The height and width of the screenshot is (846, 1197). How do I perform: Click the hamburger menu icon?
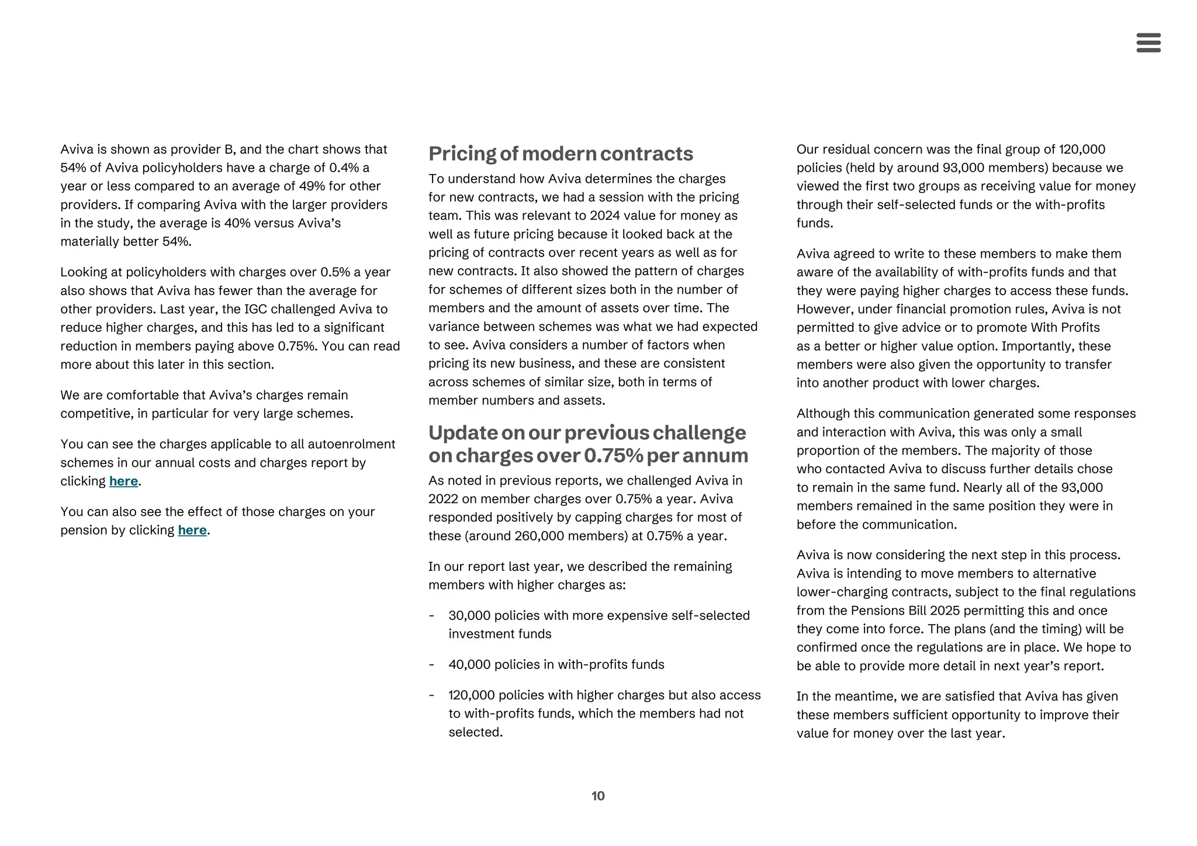[1148, 43]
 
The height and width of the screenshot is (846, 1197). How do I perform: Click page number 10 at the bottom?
[598, 796]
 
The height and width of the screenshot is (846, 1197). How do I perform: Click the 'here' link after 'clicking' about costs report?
[123, 481]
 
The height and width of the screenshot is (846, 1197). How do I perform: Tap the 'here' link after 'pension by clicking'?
[192, 531]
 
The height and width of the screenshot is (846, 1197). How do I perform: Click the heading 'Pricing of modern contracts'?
[561, 154]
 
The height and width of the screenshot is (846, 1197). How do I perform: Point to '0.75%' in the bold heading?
[613, 456]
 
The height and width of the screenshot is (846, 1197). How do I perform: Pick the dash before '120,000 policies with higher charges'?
[431, 695]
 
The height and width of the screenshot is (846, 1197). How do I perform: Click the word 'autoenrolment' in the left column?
[351, 445]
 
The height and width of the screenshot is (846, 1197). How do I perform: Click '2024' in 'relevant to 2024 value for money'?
[604, 216]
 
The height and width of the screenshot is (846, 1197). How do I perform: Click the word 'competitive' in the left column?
[96, 414]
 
